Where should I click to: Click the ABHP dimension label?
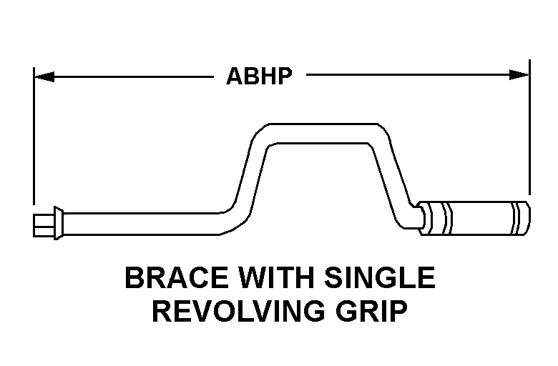pyautogui.click(x=259, y=76)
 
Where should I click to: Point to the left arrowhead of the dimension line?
pyautogui.click(x=44, y=76)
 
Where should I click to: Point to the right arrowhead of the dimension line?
pyautogui.click(x=519, y=74)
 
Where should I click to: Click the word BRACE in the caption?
pyautogui.click(x=177, y=277)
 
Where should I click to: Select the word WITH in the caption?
pyautogui.click(x=276, y=277)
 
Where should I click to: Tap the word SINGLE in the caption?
pyautogui.click(x=380, y=277)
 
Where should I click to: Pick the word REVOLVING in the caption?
pyautogui.click(x=238, y=311)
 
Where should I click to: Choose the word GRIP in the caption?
pyautogui.click(x=371, y=311)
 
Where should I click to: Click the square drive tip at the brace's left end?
pyautogui.click(x=44, y=225)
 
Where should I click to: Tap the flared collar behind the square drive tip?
pyautogui.click(x=59, y=223)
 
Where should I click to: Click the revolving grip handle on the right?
pyautogui.click(x=474, y=218)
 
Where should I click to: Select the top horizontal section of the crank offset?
pyautogui.click(x=323, y=134)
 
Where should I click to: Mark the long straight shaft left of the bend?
pyautogui.click(x=142, y=224)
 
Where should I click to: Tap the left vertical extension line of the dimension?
pyautogui.click(x=34, y=136)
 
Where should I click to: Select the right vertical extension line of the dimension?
pyautogui.click(x=529, y=127)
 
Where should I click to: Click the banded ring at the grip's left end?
pyautogui.click(x=441, y=218)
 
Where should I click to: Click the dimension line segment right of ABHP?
pyautogui.click(x=418, y=74)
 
